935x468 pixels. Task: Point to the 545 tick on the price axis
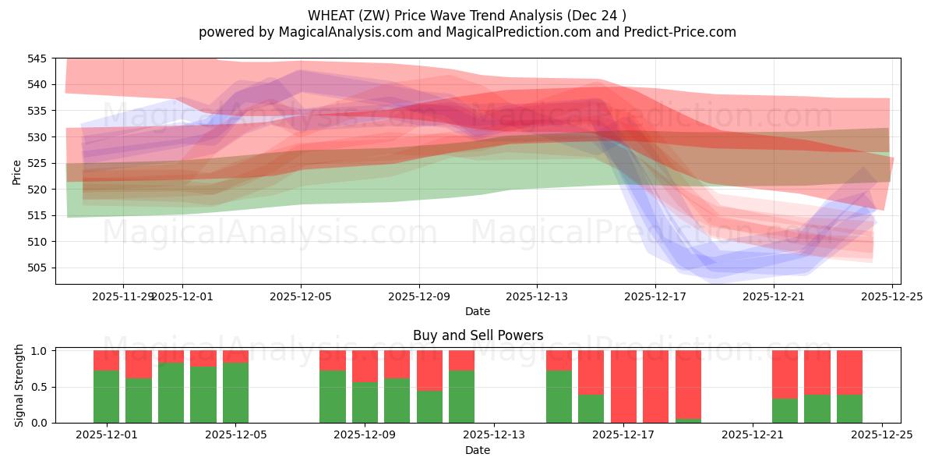coord(37,58)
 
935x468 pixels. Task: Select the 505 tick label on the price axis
coord(37,268)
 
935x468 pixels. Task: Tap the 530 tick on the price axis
coord(37,137)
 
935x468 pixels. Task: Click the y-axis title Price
coord(16,172)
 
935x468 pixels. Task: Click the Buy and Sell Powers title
coord(478,335)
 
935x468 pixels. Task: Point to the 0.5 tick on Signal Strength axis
coord(41,387)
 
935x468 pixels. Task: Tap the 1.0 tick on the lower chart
coord(41,351)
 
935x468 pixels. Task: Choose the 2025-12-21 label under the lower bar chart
coord(753,435)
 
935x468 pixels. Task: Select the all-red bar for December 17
coord(623,386)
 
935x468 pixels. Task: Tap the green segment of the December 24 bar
coord(849,408)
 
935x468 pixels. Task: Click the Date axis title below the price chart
coord(478,311)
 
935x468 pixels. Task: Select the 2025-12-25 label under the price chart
coord(891,296)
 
